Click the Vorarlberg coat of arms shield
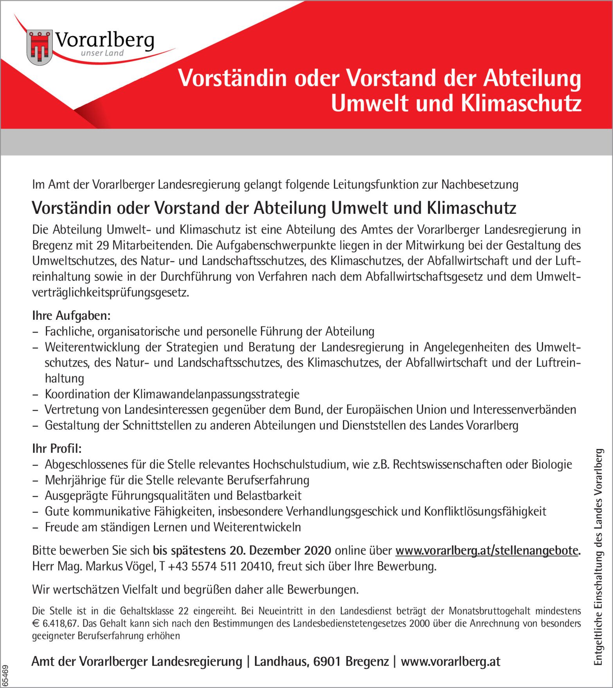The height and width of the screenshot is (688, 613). pos(40,47)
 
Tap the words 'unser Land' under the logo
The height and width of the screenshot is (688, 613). pos(102,53)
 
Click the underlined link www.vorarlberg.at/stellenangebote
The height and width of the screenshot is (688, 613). pos(486,550)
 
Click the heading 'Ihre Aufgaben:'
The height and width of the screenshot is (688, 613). pos(71,315)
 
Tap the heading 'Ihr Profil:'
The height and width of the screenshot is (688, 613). pos(57,448)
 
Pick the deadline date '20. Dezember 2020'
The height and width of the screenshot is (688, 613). pos(280,550)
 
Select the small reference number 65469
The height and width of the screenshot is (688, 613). pos(5,674)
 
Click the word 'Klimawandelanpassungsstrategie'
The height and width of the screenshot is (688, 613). pos(216,394)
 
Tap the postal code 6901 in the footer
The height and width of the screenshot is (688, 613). pos(328,661)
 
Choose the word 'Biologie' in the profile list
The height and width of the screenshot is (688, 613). pos(552,464)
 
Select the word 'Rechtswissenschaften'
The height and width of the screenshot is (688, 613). pos(447,464)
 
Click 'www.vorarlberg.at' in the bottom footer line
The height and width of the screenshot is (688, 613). pos(450,661)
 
